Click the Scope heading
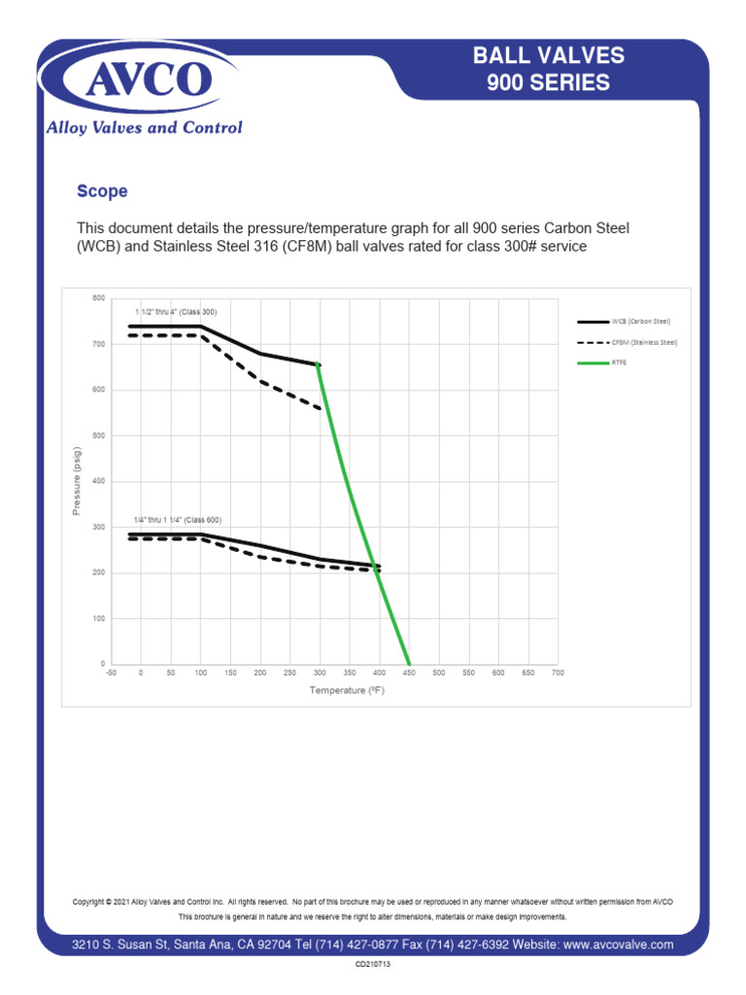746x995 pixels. click(x=102, y=191)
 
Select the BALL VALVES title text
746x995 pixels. click(x=548, y=56)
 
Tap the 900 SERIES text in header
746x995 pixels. click(x=548, y=84)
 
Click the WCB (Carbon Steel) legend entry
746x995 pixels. click(x=641, y=321)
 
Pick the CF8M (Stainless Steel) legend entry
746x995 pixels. click(x=644, y=342)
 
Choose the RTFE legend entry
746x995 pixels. click(x=618, y=363)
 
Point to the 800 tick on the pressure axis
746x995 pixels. click(x=99, y=297)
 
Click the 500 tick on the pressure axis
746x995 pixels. click(x=99, y=435)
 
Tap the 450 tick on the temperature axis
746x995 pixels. click(x=409, y=672)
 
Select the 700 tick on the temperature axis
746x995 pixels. click(x=558, y=672)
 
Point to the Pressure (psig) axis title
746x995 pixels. click(x=78, y=481)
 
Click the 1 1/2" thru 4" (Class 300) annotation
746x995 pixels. click(x=176, y=312)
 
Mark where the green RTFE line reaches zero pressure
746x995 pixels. click(x=409, y=664)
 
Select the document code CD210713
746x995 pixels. click(x=373, y=965)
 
